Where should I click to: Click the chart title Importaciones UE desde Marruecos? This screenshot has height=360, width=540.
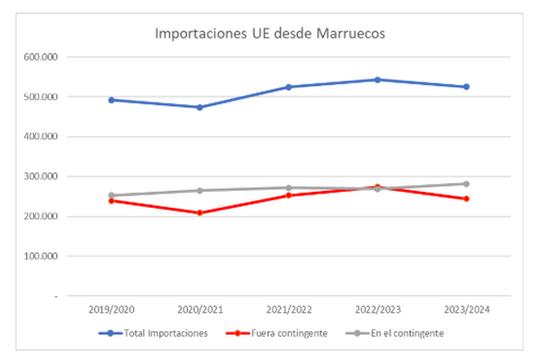[x=270, y=35]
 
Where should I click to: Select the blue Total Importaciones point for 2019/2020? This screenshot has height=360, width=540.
[x=111, y=100]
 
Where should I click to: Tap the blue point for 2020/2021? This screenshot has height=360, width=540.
[x=199, y=107]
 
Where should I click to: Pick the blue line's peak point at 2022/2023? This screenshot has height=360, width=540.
[x=377, y=79]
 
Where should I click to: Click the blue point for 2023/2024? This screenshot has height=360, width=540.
[x=466, y=86]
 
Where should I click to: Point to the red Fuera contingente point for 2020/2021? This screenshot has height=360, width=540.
[x=199, y=213]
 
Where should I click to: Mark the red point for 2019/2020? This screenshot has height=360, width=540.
[x=111, y=201]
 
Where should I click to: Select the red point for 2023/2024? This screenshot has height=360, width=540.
[x=466, y=199]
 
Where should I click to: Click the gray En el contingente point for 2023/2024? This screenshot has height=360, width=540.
[x=466, y=184]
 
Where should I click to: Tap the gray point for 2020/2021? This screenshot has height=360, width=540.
[x=199, y=191]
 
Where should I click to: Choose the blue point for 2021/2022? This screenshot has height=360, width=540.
[x=288, y=87]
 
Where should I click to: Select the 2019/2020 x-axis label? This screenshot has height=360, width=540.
[x=111, y=309]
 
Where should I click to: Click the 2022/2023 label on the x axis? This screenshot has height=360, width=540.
[x=377, y=309]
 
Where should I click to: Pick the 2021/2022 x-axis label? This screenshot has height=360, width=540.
[x=288, y=309]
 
